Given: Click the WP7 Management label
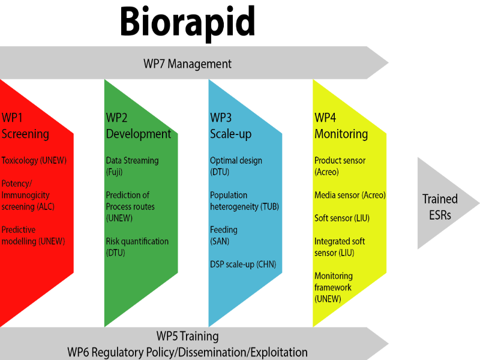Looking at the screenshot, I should click(x=187, y=64).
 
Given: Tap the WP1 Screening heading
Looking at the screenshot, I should click(x=25, y=125).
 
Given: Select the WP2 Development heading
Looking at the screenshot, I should click(x=138, y=125).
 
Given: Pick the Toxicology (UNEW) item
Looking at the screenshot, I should click(x=34, y=161).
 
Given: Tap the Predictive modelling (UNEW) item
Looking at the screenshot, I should click(x=33, y=235).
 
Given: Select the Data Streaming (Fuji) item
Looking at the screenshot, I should click(x=132, y=166).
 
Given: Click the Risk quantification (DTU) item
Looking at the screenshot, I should click(x=137, y=247).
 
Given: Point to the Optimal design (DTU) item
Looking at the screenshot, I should click(x=236, y=166).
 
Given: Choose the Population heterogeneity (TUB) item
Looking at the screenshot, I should click(x=244, y=201).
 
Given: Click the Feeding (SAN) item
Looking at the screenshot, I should click(x=224, y=235).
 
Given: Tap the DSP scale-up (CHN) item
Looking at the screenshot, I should click(x=242, y=264).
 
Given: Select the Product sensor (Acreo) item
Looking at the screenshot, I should click(x=340, y=166).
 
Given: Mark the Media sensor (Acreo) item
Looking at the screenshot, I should click(x=350, y=195).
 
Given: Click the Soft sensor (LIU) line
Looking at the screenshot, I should click(x=342, y=218).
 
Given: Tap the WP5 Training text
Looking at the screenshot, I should click(x=187, y=337).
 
